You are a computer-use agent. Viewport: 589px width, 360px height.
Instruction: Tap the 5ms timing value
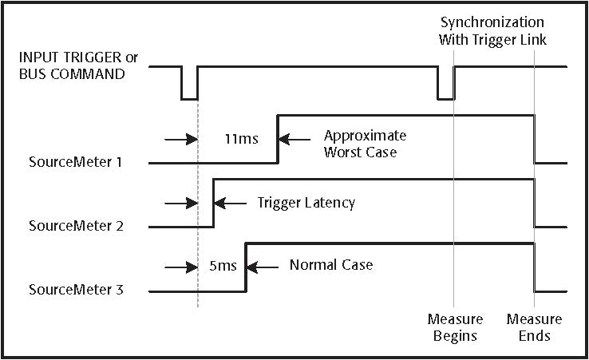[x=223, y=266]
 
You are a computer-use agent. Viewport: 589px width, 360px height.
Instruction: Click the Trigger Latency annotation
[x=306, y=203]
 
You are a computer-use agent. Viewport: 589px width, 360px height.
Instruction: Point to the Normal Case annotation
[x=331, y=265]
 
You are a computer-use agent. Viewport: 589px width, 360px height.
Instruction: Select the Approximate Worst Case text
[x=365, y=143]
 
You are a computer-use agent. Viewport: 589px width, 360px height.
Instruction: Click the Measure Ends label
[x=534, y=327]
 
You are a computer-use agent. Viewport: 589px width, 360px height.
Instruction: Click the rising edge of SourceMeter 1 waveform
[x=278, y=139]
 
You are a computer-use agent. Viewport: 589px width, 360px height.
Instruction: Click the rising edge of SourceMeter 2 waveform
[x=213, y=203]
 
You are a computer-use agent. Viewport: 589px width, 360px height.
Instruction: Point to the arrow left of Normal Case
[x=263, y=266]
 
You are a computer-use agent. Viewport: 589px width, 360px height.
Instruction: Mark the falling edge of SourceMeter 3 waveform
[x=534, y=267]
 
